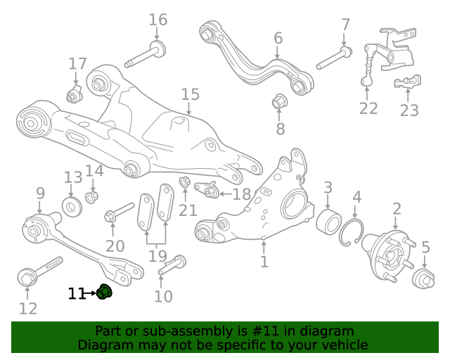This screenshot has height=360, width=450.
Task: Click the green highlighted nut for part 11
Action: pos(104,292)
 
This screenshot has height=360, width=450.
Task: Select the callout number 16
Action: pos(157,20)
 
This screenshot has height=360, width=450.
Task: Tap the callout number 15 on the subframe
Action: pos(191,94)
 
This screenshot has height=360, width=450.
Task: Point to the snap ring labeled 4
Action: pos(351,232)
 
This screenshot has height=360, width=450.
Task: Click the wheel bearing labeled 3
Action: pos(328,221)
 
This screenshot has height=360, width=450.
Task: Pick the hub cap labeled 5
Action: pos(423,278)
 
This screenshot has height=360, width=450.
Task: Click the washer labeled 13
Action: pos(72,207)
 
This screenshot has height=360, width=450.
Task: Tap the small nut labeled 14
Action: pos(92,197)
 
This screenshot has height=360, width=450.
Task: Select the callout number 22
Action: pos(368,108)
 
